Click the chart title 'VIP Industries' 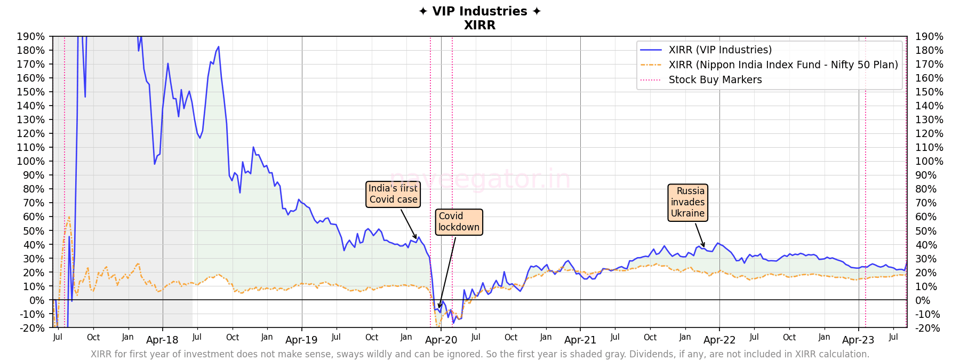479,11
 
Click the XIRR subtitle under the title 479,25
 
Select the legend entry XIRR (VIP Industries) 720,50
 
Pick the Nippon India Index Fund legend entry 783,65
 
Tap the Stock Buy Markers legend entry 715,79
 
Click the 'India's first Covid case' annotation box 393,194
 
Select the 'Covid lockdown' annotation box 459,222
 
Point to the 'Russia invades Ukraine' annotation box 687,202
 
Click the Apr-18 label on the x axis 162,340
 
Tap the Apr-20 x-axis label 441,340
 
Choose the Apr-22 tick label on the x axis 719,340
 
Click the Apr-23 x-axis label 858,340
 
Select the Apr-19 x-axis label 301,340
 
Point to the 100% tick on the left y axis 30,161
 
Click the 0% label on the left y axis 37,300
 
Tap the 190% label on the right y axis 929,36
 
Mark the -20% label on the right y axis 927,328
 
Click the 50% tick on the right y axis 926,231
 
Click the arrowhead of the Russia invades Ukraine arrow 704,247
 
